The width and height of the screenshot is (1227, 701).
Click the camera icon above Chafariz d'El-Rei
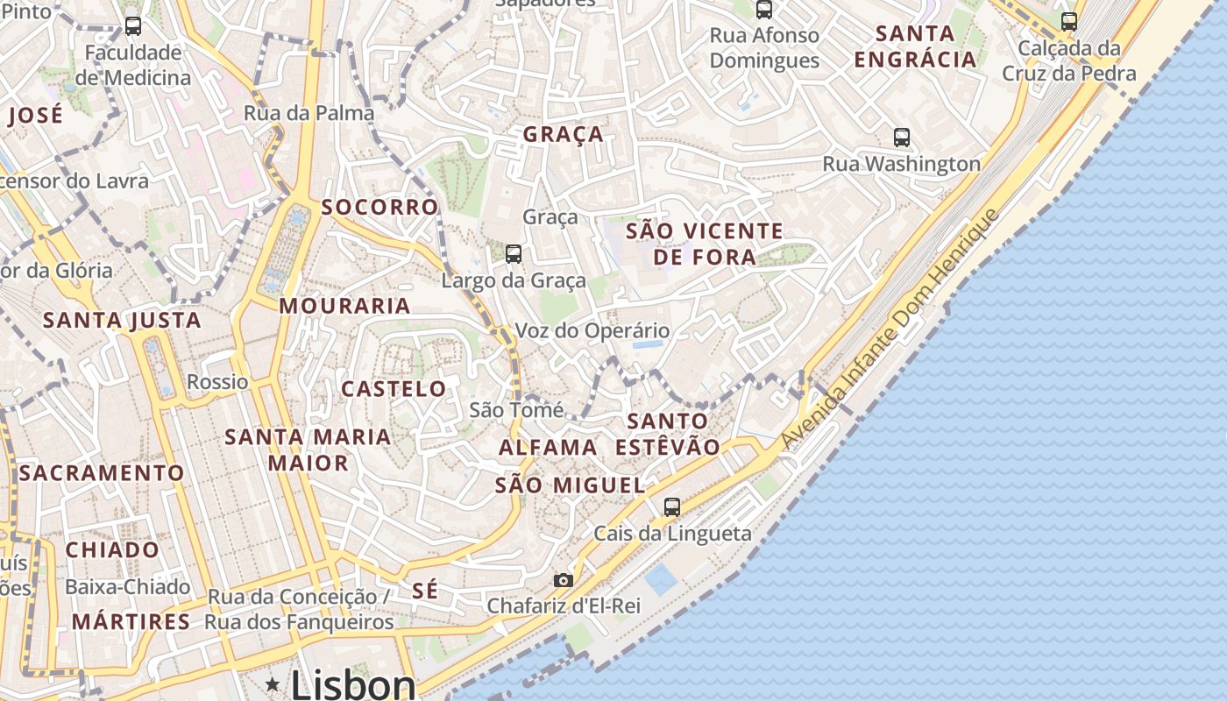(x=563, y=580)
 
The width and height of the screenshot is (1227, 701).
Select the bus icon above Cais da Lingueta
(x=672, y=506)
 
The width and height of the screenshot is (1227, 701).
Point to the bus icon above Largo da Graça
(x=514, y=254)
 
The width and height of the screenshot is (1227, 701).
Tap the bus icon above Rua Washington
(x=902, y=138)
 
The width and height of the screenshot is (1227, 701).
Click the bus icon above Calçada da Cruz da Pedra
(x=1069, y=22)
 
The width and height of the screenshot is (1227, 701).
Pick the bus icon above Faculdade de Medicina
(x=133, y=26)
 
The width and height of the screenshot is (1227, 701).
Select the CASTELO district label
(x=394, y=389)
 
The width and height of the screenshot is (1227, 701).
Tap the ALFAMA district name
(x=548, y=448)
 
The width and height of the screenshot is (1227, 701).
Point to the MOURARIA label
(x=344, y=306)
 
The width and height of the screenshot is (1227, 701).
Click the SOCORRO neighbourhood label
(x=379, y=207)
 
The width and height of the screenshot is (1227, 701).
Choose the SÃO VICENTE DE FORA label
(x=705, y=244)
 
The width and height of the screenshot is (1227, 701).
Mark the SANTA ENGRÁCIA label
(x=916, y=46)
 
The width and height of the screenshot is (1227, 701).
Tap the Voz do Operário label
(x=592, y=331)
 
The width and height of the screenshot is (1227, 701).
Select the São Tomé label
(x=512, y=409)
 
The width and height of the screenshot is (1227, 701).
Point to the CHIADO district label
(x=112, y=550)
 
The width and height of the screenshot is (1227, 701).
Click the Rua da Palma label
(x=309, y=113)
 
